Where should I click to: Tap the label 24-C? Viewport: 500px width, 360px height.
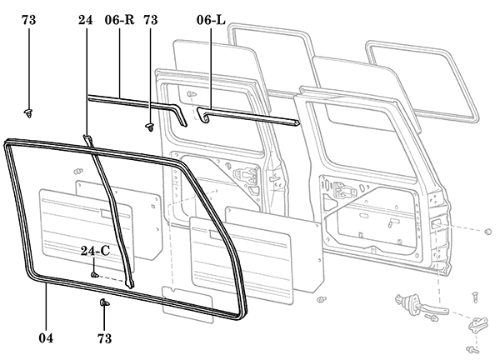[x=94, y=251]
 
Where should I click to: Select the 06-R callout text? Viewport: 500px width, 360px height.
[x=119, y=18]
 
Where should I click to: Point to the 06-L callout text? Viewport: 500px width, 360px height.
[x=210, y=18]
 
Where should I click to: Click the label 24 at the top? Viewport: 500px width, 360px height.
[x=86, y=18]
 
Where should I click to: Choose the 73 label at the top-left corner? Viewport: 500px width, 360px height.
[x=29, y=18]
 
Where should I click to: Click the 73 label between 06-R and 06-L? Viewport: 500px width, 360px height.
[x=151, y=18]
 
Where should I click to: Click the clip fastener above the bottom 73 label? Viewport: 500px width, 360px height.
[x=104, y=303]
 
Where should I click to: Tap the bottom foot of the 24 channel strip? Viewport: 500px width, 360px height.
[x=130, y=283]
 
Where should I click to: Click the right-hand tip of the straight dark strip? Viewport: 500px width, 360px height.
[x=296, y=123]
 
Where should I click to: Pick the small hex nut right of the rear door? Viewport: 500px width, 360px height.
[x=487, y=230]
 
